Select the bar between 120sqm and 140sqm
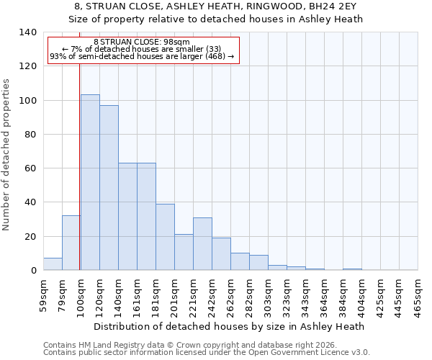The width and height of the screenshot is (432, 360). pos(109,188)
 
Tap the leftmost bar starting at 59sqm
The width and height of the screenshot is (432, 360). pos(53,264)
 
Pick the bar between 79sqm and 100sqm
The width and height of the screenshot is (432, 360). pos(71,243)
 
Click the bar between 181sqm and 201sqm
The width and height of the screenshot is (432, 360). pos(165,237)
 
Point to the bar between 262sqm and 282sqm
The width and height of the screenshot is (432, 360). pos(240,261)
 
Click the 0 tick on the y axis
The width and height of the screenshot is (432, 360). pos(33,271)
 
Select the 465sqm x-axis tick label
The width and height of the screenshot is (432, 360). pos(418,294)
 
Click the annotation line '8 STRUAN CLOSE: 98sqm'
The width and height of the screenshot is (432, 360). pos(142,42)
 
